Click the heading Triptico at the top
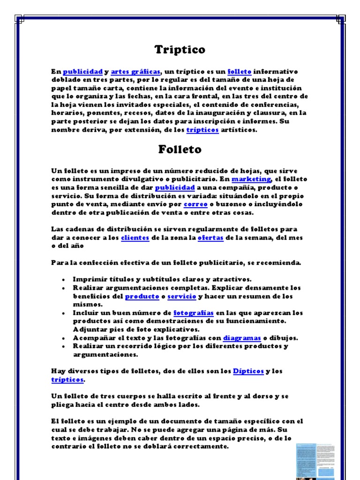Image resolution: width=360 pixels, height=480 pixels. tap(180, 49)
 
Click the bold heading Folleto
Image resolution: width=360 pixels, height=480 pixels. tap(180, 150)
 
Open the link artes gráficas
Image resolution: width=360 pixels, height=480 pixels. tap(136, 72)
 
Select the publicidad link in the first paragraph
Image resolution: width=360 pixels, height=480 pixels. tap(82, 72)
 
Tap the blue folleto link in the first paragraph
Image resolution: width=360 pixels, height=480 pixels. tap(240, 72)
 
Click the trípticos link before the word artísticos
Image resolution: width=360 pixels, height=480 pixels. tap(202, 130)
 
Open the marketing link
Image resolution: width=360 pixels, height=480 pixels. tap(251, 179)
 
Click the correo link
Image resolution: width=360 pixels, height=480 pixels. tap(195, 204)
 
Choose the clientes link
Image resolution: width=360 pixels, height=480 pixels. tap(135, 238)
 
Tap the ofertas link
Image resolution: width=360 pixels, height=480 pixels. tap(210, 238)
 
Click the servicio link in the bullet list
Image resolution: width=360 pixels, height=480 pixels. tap(181, 296)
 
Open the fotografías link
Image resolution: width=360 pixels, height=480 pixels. tap(194, 313)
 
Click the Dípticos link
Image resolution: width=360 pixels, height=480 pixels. tap(248, 371)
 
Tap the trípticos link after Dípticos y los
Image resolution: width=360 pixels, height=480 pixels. tap(67, 379)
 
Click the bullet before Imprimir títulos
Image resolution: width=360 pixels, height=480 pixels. tap(63, 279)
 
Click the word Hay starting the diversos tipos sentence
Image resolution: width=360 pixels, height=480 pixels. tap(57, 371)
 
